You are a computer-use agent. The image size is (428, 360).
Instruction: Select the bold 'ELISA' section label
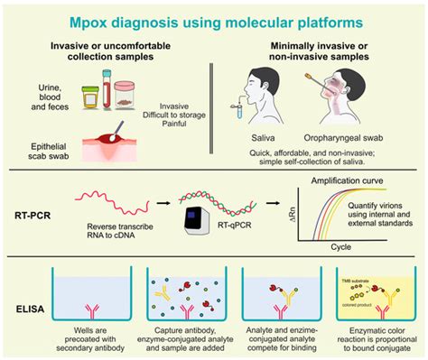33,308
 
